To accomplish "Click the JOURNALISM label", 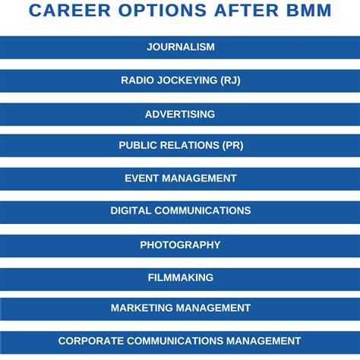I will pos(180,47).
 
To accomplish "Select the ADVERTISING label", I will pos(180,114).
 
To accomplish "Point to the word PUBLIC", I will pos(137,145).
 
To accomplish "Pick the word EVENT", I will pos(141,178).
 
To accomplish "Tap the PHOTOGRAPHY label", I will pos(180,245).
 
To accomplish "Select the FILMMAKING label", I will pos(180,278).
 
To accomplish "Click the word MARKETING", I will pos(142,308).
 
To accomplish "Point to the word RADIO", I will pos(137,81).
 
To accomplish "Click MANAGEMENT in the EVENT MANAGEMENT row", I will pos(199,178).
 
